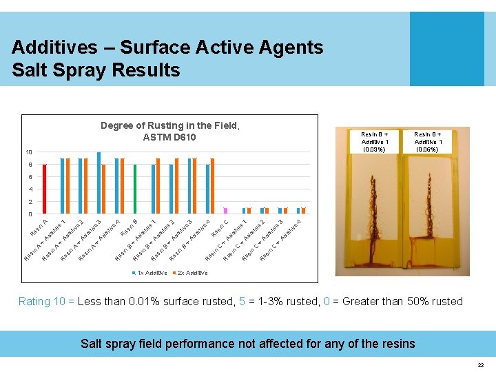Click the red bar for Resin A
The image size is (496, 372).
[44, 189]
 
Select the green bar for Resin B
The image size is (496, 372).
[135, 189]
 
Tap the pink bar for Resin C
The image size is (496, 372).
[225, 210]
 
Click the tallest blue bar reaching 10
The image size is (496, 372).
[99, 183]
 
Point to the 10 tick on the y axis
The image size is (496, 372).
[28, 152]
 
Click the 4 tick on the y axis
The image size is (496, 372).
[30, 189]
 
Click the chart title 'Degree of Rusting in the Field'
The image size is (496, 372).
[169, 125]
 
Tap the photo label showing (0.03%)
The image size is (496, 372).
[375, 149]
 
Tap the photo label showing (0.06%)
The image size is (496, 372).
[428, 149]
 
